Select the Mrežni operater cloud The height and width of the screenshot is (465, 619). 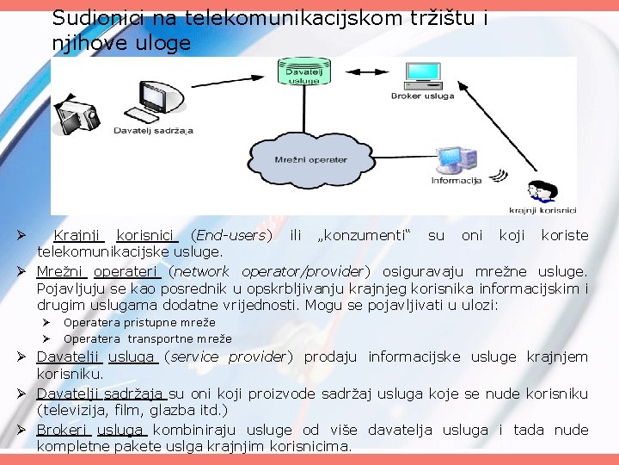[x=310, y=159]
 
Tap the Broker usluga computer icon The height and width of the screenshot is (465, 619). [x=422, y=73]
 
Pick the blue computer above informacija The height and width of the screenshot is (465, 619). [x=455, y=159]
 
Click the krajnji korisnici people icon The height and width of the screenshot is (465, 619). [x=542, y=193]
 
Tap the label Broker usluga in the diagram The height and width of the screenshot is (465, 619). [x=421, y=96]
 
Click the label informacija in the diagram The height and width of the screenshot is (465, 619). [x=456, y=181]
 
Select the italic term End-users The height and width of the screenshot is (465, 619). [x=231, y=235]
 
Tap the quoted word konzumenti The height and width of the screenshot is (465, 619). [x=365, y=235]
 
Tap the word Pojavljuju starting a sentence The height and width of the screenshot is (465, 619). [x=72, y=288]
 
